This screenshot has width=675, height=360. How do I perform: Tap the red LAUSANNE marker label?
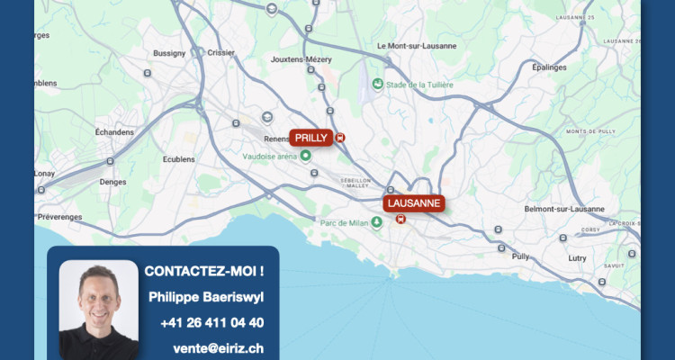point(413,203)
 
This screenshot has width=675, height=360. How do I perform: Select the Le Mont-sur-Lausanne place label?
point(417,46)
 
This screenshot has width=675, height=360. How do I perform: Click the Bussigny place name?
point(168,53)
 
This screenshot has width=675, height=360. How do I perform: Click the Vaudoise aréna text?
point(270,156)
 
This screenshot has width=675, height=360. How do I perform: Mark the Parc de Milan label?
point(344,221)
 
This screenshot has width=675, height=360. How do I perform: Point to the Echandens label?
point(114,131)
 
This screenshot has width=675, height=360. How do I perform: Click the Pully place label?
point(520,256)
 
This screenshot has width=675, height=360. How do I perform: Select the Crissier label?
point(220,53)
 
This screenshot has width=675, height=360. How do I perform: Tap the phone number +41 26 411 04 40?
point(212,322)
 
